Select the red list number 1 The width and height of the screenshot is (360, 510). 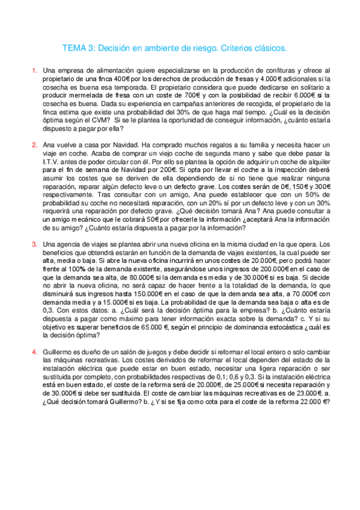click(x=34, y=71)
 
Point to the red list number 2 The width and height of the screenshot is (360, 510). click(x=34, y=145)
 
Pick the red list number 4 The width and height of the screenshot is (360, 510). click(x=34, y=351)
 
